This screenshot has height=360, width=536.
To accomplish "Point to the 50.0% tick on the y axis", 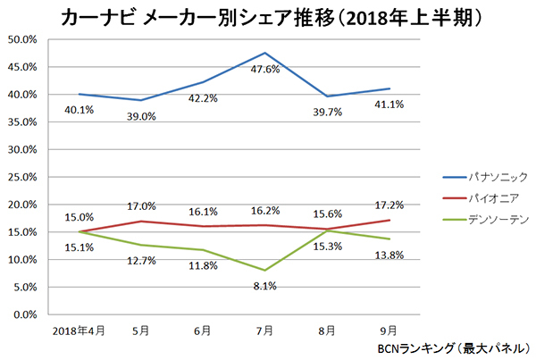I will point(22,39).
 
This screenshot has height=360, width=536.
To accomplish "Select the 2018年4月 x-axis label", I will point(79,330).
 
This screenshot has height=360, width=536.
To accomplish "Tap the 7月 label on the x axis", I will point(265,330).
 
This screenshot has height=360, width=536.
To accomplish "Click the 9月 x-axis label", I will point(388,330).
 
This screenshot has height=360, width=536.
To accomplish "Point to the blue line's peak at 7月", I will point(265,53).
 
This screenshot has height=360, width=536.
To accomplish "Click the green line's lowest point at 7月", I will point(265,270).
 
